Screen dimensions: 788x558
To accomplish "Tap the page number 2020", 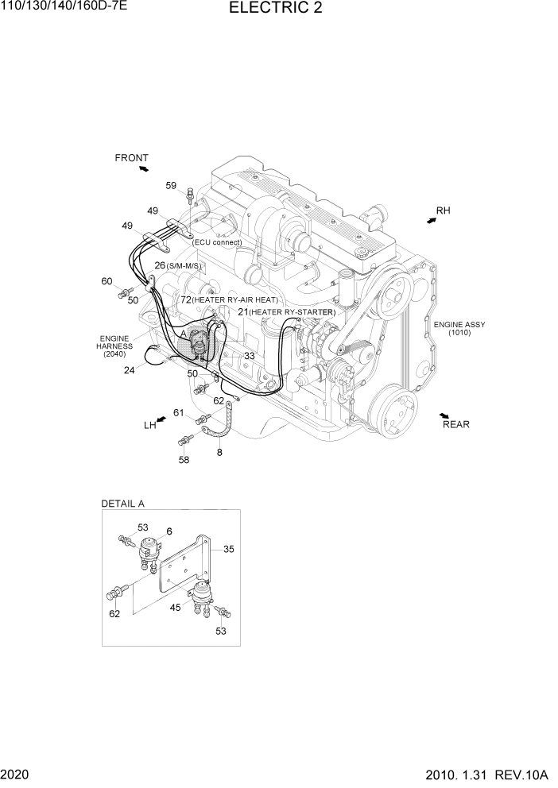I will pyautogui.click(x=16, y=774).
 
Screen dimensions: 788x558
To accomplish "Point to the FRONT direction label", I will pyautogui.click(x=131, y=158).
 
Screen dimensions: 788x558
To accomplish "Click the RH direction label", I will pyautogui.click(x=443, y=211).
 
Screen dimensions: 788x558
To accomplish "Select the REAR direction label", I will pyautogui.click(x=455, y=424).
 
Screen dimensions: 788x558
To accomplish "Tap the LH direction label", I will pyautogui.click(x=149, y=426).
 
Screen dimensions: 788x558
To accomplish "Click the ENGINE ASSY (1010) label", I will pyautogui.click(x=459, y=329).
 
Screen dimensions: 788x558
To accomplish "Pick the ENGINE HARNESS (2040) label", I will pyautogui.click(x=114, y=346).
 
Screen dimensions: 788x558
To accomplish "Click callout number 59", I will pyautogui.click(x=171, y=186).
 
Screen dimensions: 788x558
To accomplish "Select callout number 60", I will pyautogui.click(x=107, y=281).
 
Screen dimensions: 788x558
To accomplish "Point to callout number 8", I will pyautogui.click(x=219, y=453).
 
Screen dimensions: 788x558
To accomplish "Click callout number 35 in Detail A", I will pyautogui.click(x=229, y=548).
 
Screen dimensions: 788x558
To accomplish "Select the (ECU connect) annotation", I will pyautogui.click(x=216, y=242).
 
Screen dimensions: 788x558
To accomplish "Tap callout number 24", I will pyautogui.click(x=128, y=369).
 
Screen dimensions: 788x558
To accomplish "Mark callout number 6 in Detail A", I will pyautogui.click(x=169, y=531).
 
